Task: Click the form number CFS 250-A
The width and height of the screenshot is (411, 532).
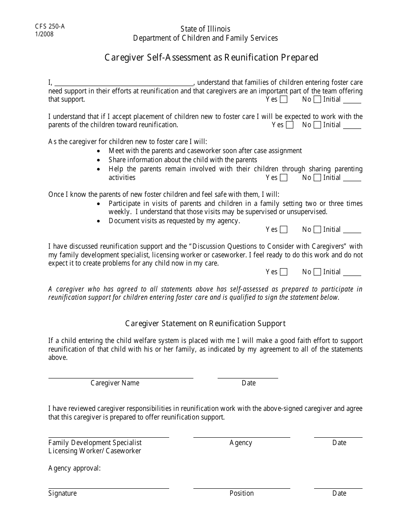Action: click(50, 26)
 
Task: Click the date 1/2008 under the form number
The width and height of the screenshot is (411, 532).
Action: click(45, 34)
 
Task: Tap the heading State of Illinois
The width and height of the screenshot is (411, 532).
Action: click(205, 29)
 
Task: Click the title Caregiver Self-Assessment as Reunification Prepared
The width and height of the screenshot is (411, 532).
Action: click(212, 58)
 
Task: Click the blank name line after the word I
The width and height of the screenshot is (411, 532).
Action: click(124, 83)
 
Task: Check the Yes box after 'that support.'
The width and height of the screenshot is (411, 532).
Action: click(284, 99)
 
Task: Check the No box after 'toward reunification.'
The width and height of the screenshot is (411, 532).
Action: click(317, 125)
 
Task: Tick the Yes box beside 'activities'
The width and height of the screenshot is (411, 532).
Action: click(284, 178)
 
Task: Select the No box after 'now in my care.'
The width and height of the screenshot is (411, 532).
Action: click(317, 272)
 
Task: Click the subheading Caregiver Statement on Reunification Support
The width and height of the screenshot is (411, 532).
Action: click(205, 324)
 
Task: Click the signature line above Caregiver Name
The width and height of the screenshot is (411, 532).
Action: click(121, 378)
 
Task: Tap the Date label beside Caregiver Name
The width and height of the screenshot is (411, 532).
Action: click(249, 383)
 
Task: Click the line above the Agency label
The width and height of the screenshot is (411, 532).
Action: click(241, 437)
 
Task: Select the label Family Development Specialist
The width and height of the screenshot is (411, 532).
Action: click(95, 442)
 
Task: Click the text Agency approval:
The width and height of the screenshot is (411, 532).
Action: click(74, 468)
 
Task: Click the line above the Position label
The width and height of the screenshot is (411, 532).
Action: click(241, 488)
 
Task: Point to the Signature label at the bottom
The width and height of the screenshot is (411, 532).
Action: click(62, 494)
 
